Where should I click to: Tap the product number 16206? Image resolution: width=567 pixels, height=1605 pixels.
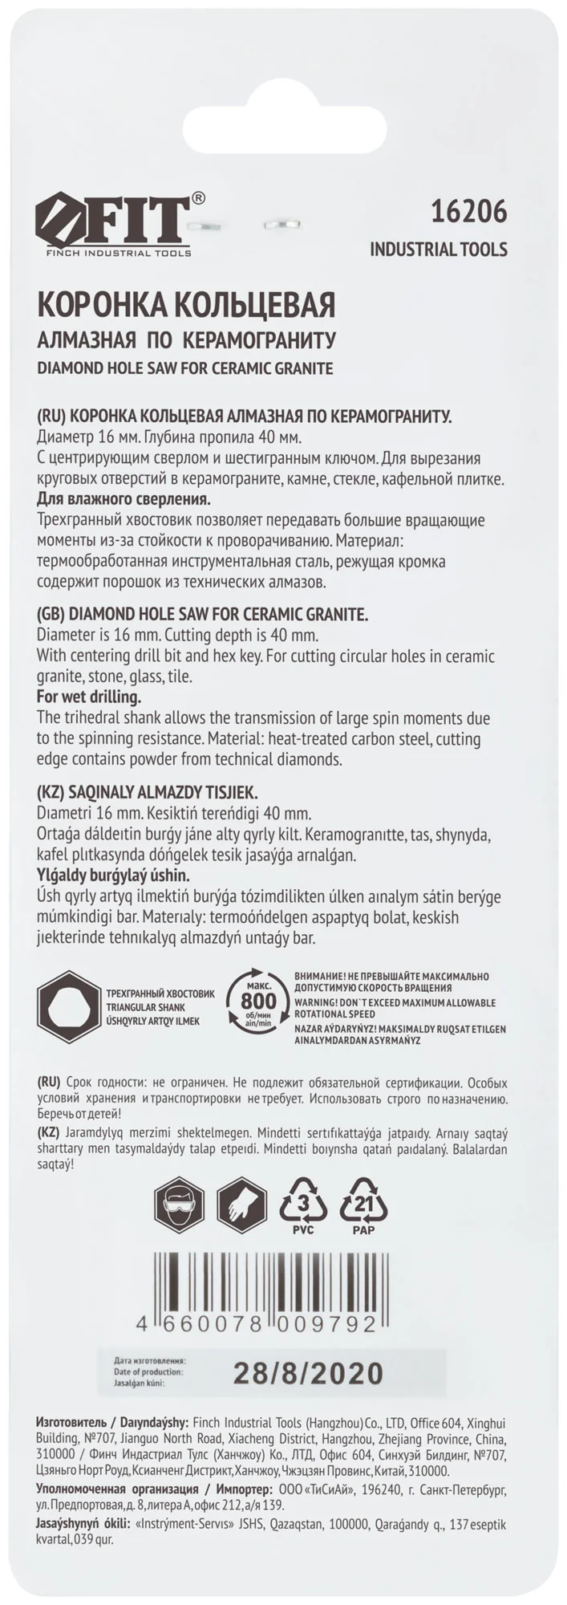coord(469,212)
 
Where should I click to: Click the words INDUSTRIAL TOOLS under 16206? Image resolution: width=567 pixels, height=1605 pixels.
coord(438,250)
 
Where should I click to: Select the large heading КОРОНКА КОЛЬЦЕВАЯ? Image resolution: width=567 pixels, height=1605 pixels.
coord(186,305)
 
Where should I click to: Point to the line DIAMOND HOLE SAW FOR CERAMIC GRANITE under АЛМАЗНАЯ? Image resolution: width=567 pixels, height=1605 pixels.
coord(185,368)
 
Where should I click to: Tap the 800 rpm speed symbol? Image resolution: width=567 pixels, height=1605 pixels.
coord(258,1002)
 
